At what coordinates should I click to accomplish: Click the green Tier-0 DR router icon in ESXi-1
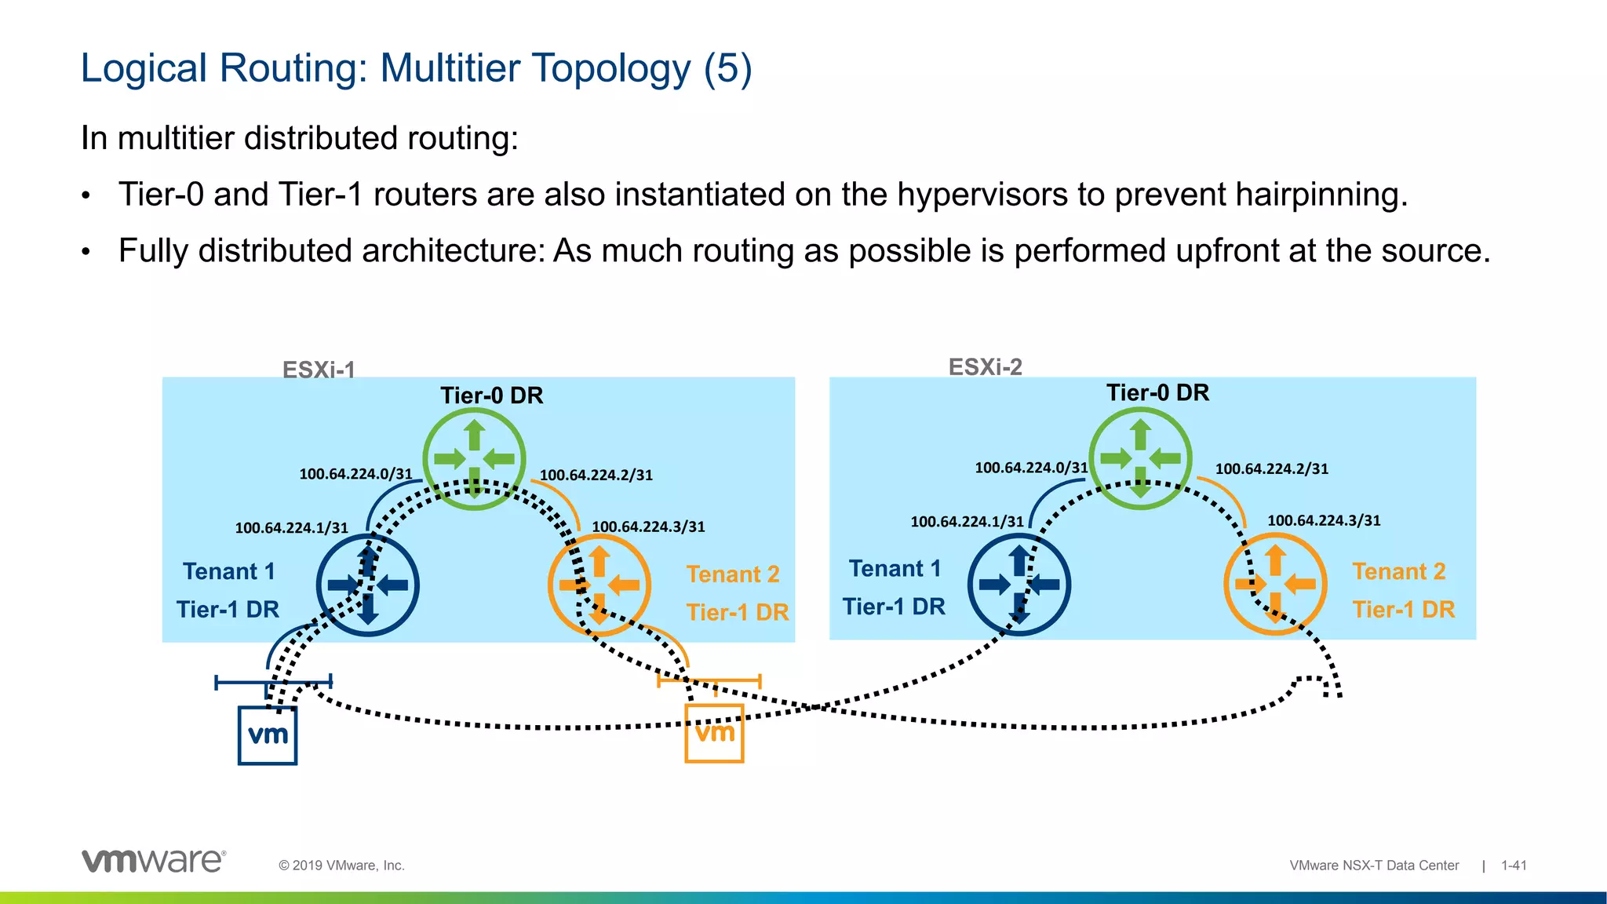474,458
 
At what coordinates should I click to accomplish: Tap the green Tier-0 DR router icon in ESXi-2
1140,457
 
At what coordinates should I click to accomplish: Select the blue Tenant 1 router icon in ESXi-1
367,585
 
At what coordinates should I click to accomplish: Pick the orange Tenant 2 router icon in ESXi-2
1275,584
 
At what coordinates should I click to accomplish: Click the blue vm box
268,735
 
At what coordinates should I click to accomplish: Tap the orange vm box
714,734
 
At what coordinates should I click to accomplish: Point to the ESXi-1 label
319,369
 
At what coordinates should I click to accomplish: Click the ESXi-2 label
985,366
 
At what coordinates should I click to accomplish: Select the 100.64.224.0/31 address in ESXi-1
355,474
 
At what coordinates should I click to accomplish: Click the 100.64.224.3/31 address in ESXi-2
1324,520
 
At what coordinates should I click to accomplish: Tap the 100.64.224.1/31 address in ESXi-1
291,528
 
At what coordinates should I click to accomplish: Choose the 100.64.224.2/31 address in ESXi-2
1271,469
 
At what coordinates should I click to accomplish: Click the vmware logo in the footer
154,861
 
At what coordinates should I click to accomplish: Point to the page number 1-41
1514,866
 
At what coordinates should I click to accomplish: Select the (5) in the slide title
727,68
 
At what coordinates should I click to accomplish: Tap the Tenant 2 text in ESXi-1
733,574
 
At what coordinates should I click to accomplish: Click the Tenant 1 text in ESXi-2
895,568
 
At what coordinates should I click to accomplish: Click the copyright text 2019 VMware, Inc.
342,866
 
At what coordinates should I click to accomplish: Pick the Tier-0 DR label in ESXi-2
1157,392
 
